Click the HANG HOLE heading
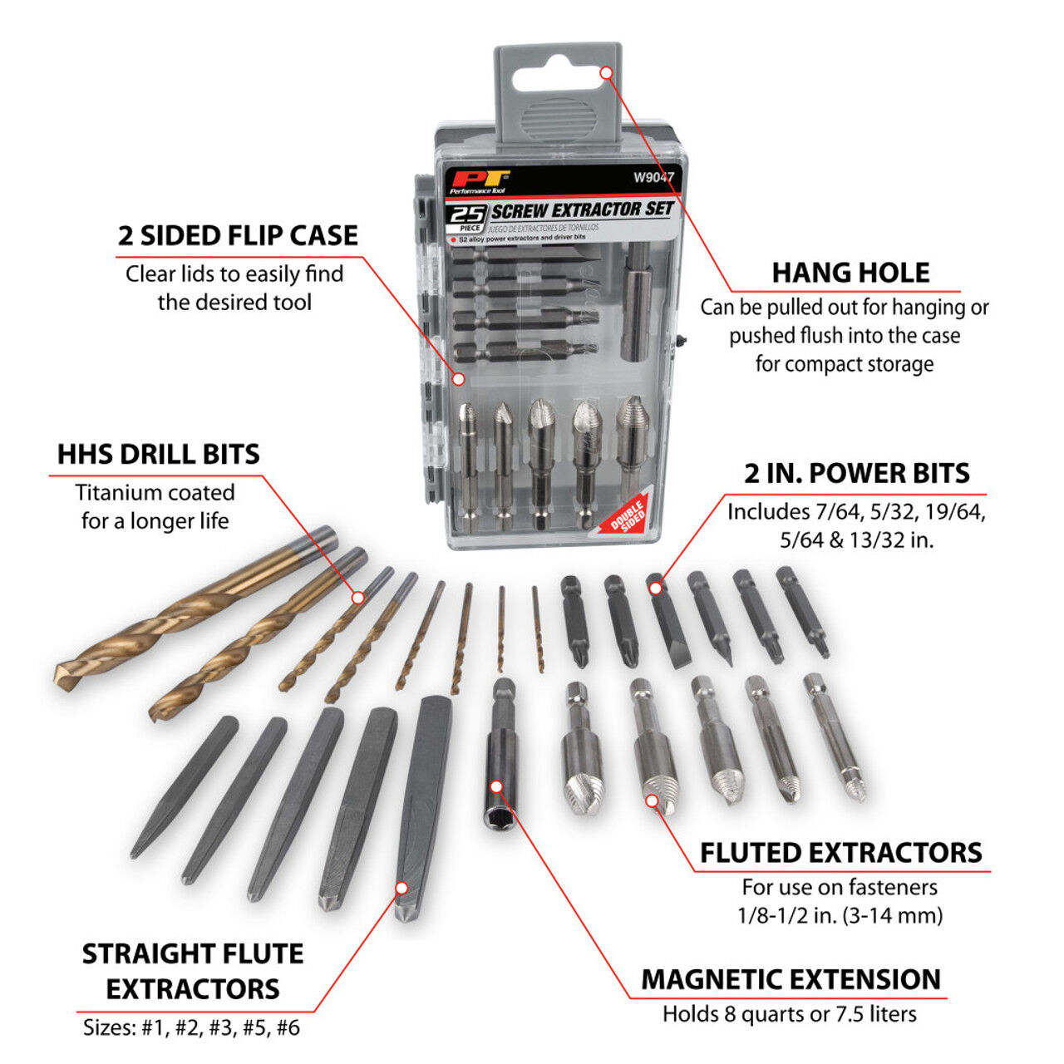coord(850,273)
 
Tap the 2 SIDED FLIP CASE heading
coord(238,235)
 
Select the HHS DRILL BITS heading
coord(158,454)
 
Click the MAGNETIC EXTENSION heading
coord(791,979)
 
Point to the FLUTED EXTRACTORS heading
coord(840,853)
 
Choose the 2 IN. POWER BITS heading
coord(856,473)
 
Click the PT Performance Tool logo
coord(478,181)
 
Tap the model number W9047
coord(653,177)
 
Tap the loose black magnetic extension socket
coord(500,752)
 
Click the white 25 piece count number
coord(467,215)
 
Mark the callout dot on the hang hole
coord(606,73)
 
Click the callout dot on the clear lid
coord(458,378)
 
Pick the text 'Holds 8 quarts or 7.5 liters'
coord(790,1014)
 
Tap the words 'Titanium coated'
coord(155,492)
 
